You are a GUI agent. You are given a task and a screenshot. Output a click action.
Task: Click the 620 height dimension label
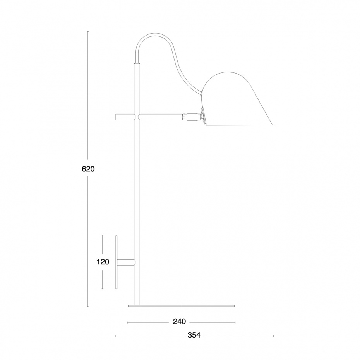click(88, 169)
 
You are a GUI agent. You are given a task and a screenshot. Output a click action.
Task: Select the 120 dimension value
click(103, 262)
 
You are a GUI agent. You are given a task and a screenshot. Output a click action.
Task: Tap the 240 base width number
click(180, 321)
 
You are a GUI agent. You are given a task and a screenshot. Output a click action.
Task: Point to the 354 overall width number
click(194, 335)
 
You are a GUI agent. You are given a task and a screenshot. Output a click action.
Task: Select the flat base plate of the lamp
click(181, 306)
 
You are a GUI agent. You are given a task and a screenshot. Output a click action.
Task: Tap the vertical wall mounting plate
click(116, 262)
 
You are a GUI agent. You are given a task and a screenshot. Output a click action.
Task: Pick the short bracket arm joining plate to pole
click(126, 262)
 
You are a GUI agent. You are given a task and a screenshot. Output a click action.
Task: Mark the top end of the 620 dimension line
click(88, 32)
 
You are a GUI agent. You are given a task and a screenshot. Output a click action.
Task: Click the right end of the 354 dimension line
click(273, 336)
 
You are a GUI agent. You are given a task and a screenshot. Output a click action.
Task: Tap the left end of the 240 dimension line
click(128, 322)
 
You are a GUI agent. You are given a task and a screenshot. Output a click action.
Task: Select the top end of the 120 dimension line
click(103, 235)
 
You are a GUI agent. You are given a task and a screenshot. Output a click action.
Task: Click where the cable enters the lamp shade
click(202, 93)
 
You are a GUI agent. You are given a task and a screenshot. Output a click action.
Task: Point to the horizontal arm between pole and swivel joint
click(161, 116)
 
